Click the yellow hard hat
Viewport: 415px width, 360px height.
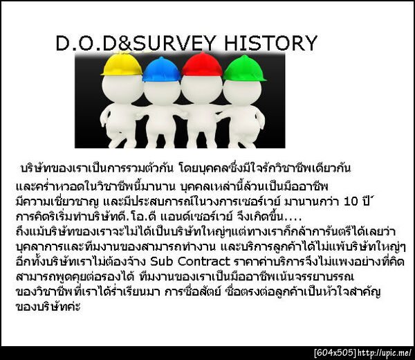coord(121,64)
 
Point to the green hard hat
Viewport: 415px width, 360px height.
coord(244,68)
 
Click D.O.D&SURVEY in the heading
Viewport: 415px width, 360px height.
coord(138,44)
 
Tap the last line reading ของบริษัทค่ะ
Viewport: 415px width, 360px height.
coord(48,305)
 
